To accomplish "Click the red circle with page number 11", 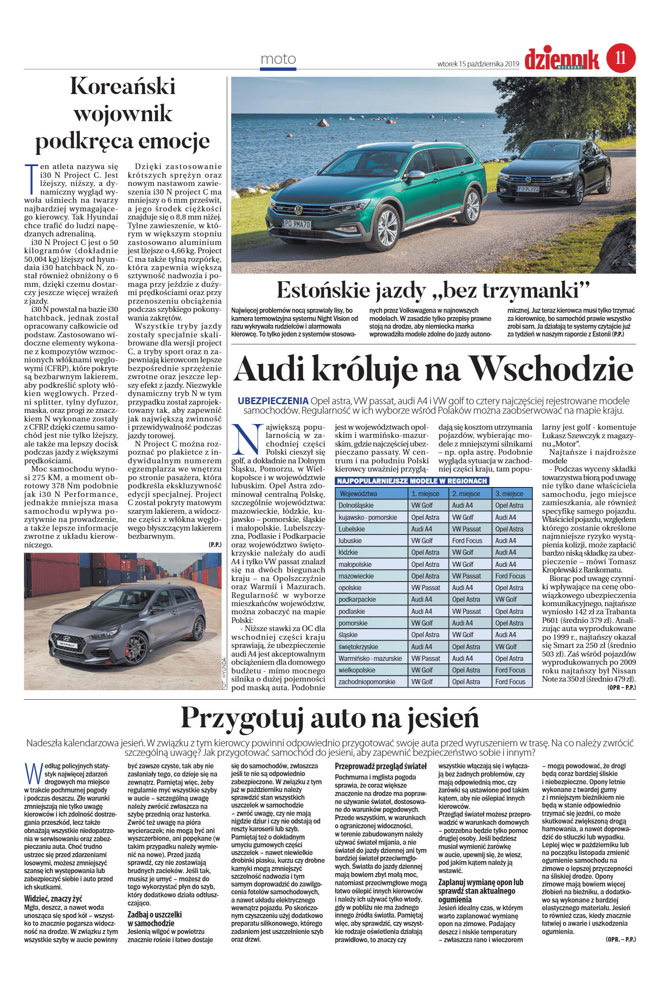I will pyautogui.click(x=621, y=58).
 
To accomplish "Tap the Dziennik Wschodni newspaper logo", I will pyautogui.click(x=562, y=60).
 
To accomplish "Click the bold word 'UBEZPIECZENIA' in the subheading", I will pyautogui.click(x=273, y=400).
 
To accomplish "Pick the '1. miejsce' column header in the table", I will pyautogui.click(x=426, y=494).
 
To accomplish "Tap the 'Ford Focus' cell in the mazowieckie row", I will pyautogui.click(x=510, y=576).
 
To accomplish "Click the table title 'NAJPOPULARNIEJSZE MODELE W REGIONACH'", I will pyautogui.click(x=412, y=481).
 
